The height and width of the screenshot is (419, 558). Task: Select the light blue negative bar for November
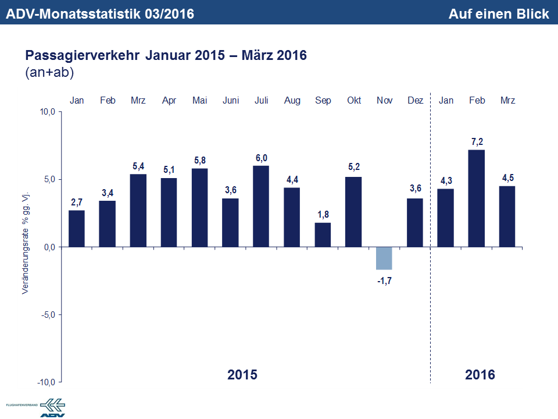click(x=384, y=258)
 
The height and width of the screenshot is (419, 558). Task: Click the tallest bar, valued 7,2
click(x=477, y=198)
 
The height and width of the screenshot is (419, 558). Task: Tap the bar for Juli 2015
click(x=262, y=207)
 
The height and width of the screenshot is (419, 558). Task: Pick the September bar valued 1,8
click(x=323, y=235)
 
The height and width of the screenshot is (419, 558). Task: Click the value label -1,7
click(x=384, y=280)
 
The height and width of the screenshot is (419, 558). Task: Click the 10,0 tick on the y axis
click(x=46, y=112)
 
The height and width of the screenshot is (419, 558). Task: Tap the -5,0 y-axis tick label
click(x=46, y=315)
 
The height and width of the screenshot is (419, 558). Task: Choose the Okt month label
click(x=354, y=101)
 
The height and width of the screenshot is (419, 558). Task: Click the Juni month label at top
click(x=231, y=101)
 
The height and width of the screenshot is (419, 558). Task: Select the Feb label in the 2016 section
click(x=477, y=101)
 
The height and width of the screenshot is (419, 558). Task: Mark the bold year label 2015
click(x=242, y=374)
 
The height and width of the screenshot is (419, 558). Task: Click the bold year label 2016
click(x=480, y=374)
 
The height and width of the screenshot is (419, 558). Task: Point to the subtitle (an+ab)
click(x=49, y=73)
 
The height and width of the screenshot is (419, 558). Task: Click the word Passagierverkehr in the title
click(x=82, y=56)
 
